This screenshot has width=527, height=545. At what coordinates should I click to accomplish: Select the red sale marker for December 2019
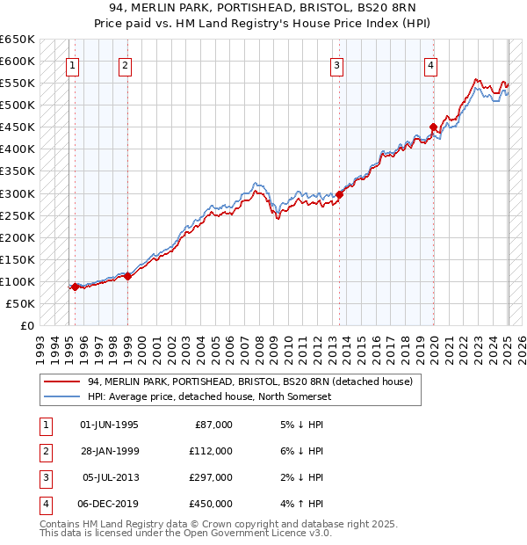(433, 127)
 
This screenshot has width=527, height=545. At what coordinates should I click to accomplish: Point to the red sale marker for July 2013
(339, 194)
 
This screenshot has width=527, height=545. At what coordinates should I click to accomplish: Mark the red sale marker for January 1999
(127, 276)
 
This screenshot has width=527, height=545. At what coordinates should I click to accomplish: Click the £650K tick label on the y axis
(18, 40)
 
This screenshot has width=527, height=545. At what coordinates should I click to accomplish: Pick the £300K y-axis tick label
(18, 193)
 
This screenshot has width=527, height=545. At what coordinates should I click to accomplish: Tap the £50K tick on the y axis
(21, 303)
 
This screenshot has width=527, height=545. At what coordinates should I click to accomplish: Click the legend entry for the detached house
(254, 381)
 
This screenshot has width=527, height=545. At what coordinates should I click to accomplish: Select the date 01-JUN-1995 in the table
(109, 425)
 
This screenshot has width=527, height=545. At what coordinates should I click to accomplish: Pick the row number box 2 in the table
(44, 451)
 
